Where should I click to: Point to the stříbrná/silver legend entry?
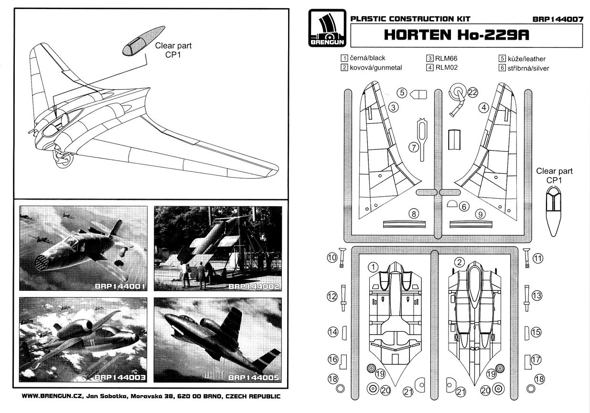(x=524, y=68)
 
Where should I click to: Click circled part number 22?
(x=472, y=93)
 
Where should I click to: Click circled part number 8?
(x=414, y=213)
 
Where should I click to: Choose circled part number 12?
(x=332, y=296)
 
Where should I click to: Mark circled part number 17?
(x=536, y=359)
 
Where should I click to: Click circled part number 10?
(x=332, y=258)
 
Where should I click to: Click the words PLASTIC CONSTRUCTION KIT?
(x=410, y=19)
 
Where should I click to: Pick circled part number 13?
(x=537, y=296)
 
